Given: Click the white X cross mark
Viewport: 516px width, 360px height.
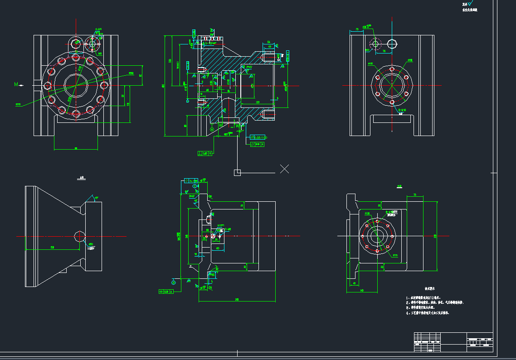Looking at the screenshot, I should pyautogui.click(x=284, y=169).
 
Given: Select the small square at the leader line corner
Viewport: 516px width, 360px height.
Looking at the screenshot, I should pyautogui.click(x=237, y=172).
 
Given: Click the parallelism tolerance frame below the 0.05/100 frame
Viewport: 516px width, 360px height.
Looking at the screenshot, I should pyautogui.click(x=257, y=144).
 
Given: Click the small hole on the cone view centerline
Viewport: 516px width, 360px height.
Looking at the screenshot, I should pyautogui.click(x=78, y=236).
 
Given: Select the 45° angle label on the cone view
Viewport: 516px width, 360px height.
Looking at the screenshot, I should pyautogui.click(x=97, y=198).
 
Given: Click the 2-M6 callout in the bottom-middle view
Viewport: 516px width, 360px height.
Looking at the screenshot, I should pyautogui.click(x=221, y=229).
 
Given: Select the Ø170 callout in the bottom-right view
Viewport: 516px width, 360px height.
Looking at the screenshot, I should pyautogui.click(x=395, y=256).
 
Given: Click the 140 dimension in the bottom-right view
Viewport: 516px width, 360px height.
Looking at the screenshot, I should pyautogui.click(x=361, y=290).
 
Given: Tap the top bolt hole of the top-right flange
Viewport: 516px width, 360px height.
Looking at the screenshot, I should pyautogui.click(x=391, y=69).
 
